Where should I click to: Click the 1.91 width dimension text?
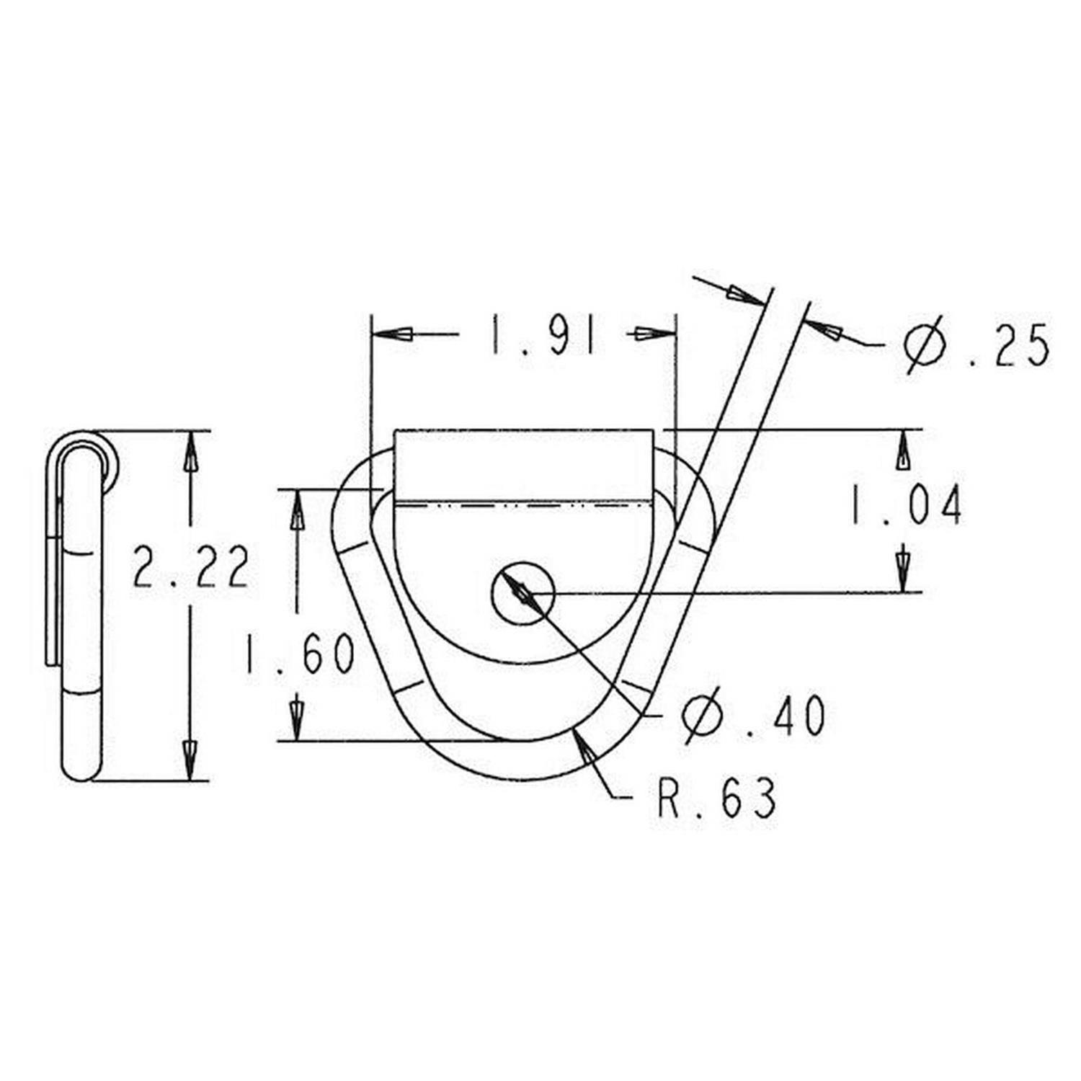pyautogui.click(x=544, y=335)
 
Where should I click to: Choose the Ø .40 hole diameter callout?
pyautogui.click(x=753, y=716)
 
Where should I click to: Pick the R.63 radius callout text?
pyautogui.click(x=717, y=798)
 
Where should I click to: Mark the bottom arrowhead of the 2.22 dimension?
pyautogui.click(x=190, y=760)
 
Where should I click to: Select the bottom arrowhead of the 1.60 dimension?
pyautogui.click(x=297, y=719)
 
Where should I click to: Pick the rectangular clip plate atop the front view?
pyautogui.click(x=523, y=465)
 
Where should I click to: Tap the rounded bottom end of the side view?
pyautogui.click(x=81, y=764)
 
